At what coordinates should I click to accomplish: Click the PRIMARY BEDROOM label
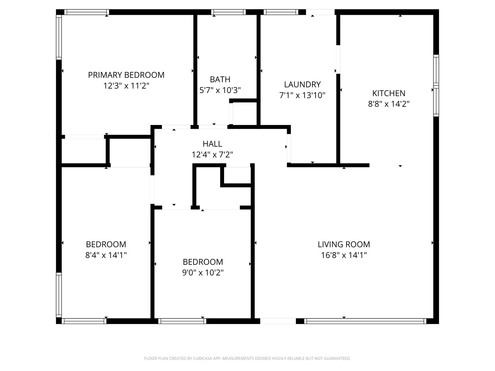(x=126, y=75)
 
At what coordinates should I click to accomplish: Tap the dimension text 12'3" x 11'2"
(x=126, y=86)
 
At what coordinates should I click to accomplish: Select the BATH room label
(x=220, y=79)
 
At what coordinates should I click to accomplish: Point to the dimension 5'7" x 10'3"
(x=220, y=90)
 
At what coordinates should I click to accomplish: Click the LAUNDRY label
(x=302, y=85)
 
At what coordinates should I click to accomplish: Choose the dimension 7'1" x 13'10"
(x=302, y=95)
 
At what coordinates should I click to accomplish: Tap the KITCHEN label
(x=389, y=93)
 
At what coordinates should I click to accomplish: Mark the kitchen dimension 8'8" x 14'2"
(x=389, y=104)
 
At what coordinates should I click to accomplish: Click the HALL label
(x=212, y=144)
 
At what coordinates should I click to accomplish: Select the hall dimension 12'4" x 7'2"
(x=212, y=155)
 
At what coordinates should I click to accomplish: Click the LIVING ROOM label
(x=344, y=244)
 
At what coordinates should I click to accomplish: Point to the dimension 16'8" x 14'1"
(x=344, y=255)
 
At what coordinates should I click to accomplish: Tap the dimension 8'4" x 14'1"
(x=106, y=255)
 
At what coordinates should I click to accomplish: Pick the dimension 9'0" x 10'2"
(x=203, y=273)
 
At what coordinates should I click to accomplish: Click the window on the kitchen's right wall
(x=436, y=86)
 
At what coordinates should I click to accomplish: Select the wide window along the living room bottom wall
(x=365, y=321)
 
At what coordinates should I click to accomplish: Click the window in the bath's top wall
(x=229, y=12)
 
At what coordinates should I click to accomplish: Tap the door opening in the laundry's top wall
(x=320, y=12)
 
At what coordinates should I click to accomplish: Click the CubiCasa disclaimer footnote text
(x=247, y=358)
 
